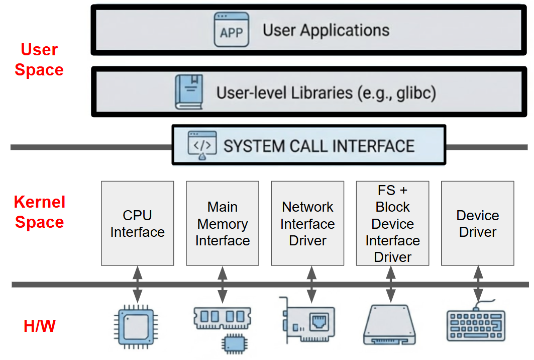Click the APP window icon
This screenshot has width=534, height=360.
(x=231, y=30)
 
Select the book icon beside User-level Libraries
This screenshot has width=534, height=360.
(x=189, y=92)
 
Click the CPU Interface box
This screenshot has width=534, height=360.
(x=137, y=223)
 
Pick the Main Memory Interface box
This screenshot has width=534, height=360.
(x=223, y=223)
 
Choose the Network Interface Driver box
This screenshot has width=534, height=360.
(x=307, y=223)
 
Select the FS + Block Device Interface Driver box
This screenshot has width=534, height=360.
(x=392, y=223)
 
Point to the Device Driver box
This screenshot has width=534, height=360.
(x=477, y=223)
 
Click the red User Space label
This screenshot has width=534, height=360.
(x=39, y=60)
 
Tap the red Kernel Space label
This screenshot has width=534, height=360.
(x=40, y=212)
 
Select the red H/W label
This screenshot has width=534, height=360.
(x=39, y=326)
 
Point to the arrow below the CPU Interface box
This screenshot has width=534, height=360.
(x=138, y=285)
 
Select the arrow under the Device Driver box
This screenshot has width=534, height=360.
(x=478, y=285)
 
